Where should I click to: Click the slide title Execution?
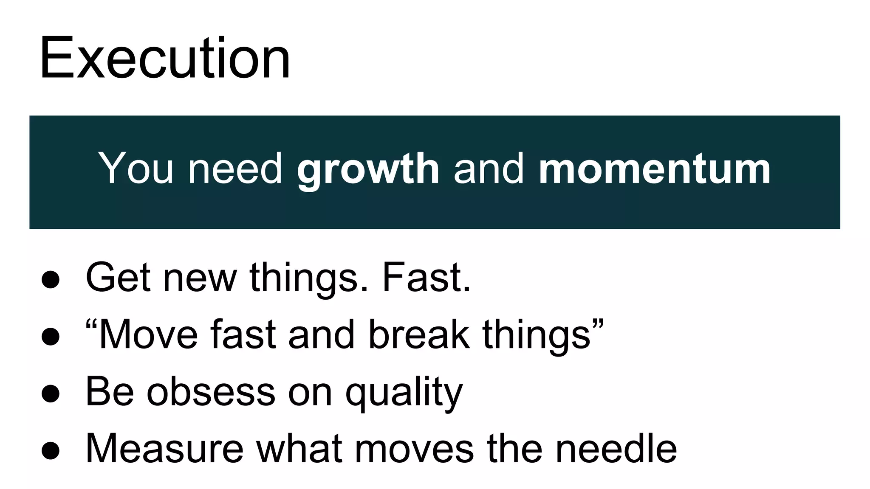coord(165,58)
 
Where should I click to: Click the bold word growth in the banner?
coord(368,169)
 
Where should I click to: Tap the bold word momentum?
coord(655,169)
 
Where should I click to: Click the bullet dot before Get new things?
coord(51,280)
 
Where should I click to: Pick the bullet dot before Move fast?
coord(51,337)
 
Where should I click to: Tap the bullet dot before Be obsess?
coord(51,393)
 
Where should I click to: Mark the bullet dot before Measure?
coord(51,450)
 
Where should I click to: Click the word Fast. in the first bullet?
coord(426,278)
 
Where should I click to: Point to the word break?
coord(419,334)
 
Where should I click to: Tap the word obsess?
coord(211,391)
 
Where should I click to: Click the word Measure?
coord(165,448)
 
